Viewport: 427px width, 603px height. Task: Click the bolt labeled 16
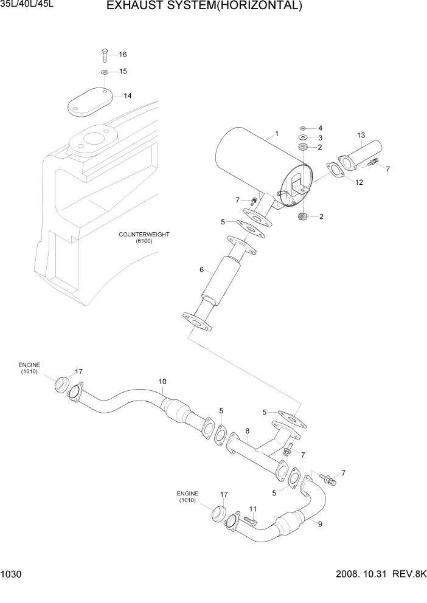[104, 55]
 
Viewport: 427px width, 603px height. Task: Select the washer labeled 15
[105, 72]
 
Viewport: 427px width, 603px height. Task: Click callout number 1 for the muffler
[277, 133]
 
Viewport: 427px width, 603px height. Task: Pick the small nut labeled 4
[303, 128]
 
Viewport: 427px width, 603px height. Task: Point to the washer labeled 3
[303, 138]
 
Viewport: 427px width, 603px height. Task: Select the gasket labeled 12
[336, 171]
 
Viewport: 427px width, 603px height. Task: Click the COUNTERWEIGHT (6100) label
[144, 237]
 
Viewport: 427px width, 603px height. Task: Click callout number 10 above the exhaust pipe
[162, 382]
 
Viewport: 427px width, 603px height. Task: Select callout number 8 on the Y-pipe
[248, 431]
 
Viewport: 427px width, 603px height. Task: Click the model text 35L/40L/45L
[23, 5]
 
